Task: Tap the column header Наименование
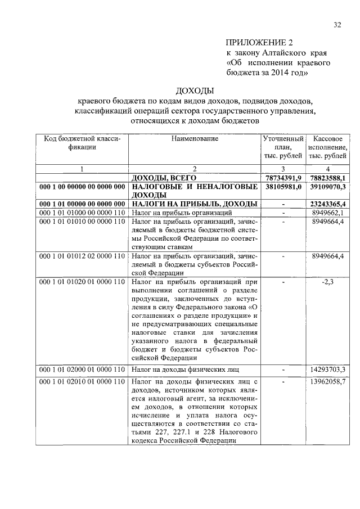(194, 138)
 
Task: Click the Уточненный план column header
(283, 146)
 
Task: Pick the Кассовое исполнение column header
(328, 146)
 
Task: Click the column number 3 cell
(283, 169)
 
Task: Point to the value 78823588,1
(328, 178)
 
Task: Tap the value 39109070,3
(328, 186)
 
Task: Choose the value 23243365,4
(328, 204)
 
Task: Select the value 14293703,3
(328, 370)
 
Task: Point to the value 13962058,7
(328, 381)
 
